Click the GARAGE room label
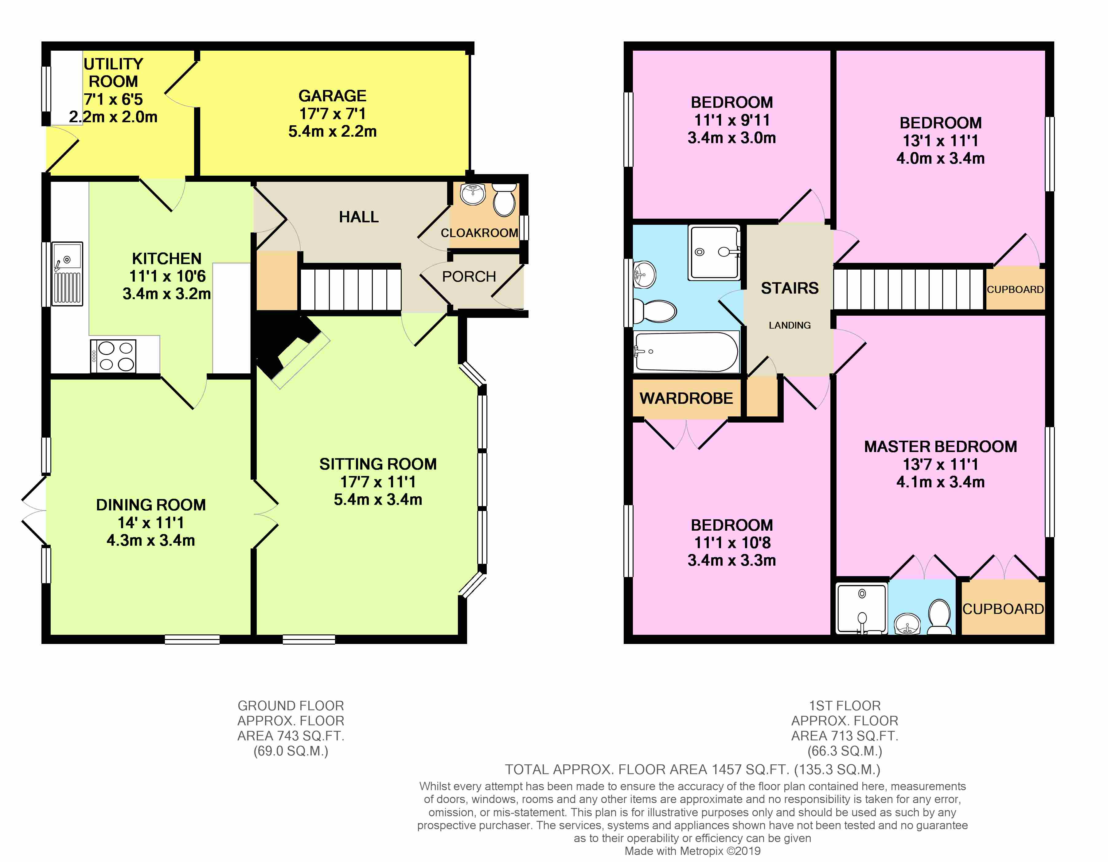pyautogui.click(x=332, y=96)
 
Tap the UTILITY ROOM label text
pyautogui.click(x=113, y=72)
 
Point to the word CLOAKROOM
pyautogui.click(x=479, y=233)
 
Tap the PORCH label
pyautogui.click(x=469, y=276)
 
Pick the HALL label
pyautogui.click(x=359, y=217)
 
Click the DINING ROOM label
pyautogui.click(x=151, y=505)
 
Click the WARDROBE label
pyautogui.click(x=686, y=398)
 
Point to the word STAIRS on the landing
pyautogui.click(x=790, y=288)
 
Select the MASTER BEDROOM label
pyautogui.click(x=941, y=447)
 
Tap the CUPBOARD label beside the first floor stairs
pyautogui.click(x=1015, y=289)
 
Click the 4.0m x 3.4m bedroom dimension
pyautogui.click(x=940, y=158)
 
